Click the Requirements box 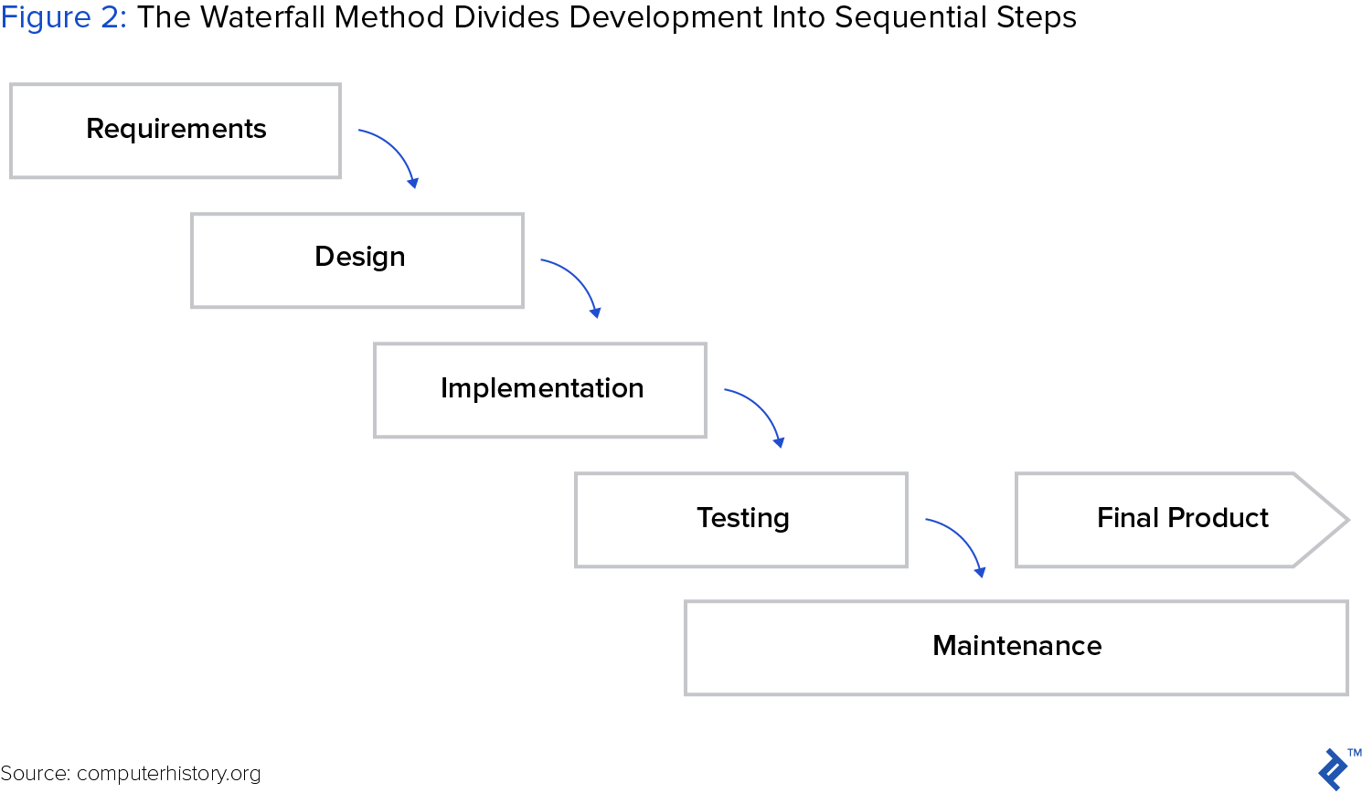[176, 131]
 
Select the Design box [356, 260]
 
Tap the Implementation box [540, 390]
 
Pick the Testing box [741, 520]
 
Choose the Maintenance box [1016, 648]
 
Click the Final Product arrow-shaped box [1182, 520]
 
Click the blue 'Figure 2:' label [63, 18]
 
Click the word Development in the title [665, 18]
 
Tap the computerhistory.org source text [168, 774]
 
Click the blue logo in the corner [1332, 769]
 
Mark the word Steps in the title [1037, 18]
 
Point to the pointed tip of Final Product [1349, 520]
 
